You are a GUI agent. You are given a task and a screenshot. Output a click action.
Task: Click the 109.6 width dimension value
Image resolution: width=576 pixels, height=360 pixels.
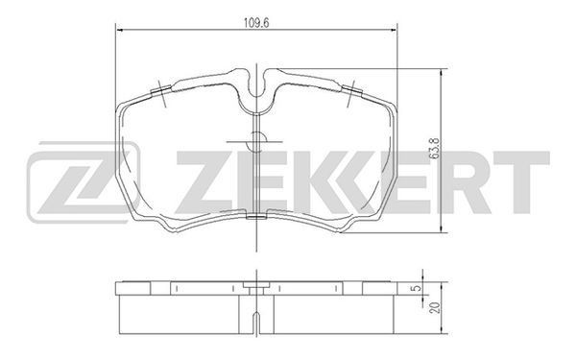click(x=256, y=23)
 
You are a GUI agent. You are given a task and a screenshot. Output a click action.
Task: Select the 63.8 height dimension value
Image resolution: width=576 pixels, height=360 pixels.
click(x=435, y=149)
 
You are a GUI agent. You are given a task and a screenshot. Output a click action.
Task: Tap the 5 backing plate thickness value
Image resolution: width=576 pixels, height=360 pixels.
click(x=417, y=288)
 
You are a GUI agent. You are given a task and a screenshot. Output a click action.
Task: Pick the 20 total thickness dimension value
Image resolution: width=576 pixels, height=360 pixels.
click(x=436, y=308)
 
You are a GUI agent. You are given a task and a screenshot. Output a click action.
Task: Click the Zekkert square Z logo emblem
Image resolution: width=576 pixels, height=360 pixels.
click(x=84, y=182)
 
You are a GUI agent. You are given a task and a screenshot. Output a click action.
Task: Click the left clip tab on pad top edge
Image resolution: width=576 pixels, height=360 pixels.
click(x=161, y=89)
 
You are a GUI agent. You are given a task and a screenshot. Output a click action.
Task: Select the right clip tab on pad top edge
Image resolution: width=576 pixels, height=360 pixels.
click(x=352, y=89)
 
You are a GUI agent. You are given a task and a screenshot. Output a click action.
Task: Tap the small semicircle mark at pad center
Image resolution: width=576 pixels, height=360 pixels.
click(x=256, y=141)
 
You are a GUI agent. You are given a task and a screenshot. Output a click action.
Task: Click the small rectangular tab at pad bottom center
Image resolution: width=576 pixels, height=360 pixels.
click(x=256, y=218)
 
